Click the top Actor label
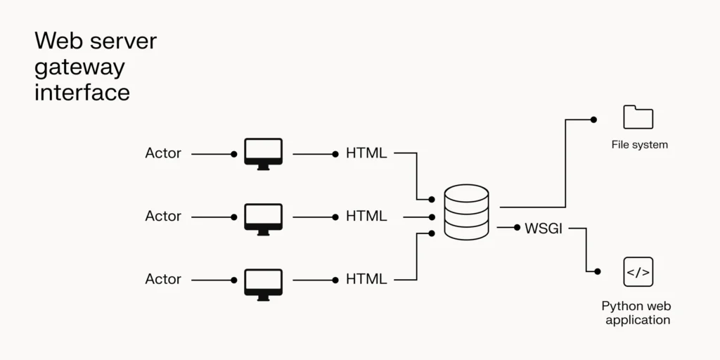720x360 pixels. click(163, 153)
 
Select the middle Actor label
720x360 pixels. click(163, 217)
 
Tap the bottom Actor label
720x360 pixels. click(163, 279)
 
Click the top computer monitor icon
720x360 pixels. click(263, 153)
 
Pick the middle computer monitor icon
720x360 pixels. click(263, 217)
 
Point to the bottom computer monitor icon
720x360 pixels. click(263, 283)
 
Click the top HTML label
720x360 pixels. click(366, 153)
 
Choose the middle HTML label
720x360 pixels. click(366, 217)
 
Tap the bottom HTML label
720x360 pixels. click(366, 279)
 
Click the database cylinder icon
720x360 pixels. click(467, 212)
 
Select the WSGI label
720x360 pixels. click(544, 229)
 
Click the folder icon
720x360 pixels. click(638, 117)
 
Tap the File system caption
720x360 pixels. click(639, 145)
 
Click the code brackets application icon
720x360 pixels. click(638, 272)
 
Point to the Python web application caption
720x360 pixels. click(637, 314)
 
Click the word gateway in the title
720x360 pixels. click(79, 68)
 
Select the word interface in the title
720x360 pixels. click(82, 93)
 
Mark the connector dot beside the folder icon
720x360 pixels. click(593, 120)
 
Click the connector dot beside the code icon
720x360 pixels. click(597, 271)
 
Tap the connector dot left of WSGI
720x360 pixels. click(517, 228)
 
